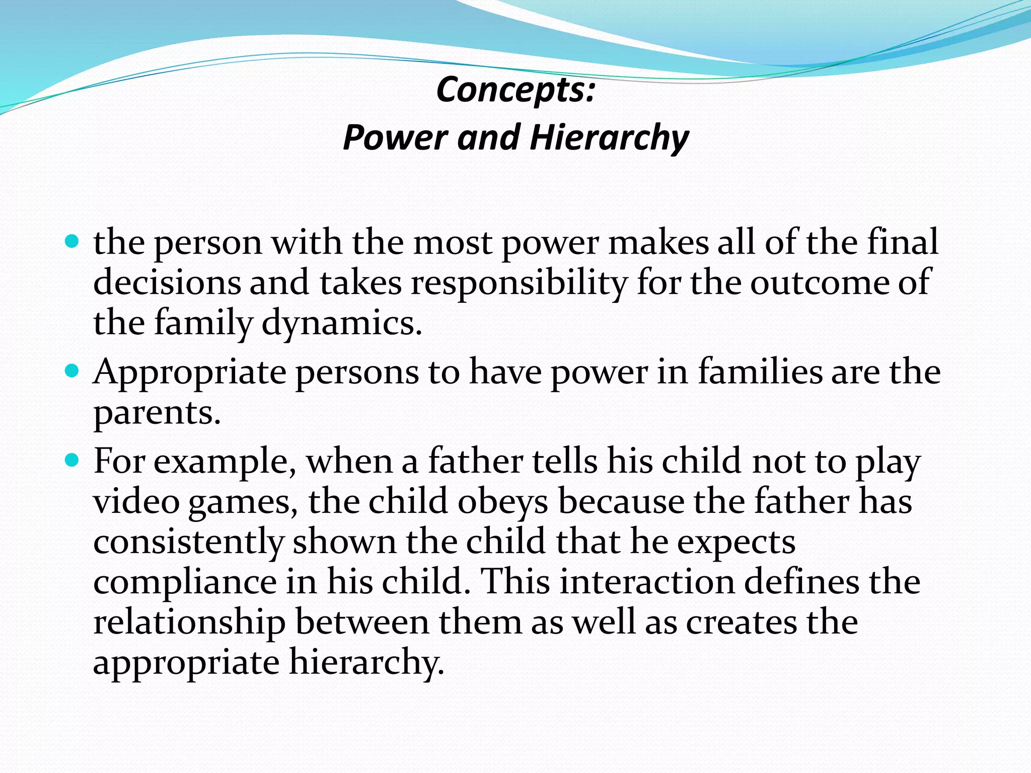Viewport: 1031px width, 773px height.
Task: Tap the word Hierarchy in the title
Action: point(609,137)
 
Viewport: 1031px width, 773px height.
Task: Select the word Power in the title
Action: point(395,137)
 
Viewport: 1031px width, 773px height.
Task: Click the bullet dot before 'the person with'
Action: point(72,242)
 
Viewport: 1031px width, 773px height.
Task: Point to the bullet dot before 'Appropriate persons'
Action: point(72,371)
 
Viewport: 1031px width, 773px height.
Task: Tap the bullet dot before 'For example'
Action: point(72,460)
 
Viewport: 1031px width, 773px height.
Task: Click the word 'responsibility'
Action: point(519,282)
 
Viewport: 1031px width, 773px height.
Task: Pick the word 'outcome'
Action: point(819,282)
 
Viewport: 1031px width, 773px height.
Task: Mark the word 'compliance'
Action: point(185,582)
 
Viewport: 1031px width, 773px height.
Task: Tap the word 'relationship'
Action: point(189,622)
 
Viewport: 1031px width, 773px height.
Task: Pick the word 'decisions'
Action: point(167,282)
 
